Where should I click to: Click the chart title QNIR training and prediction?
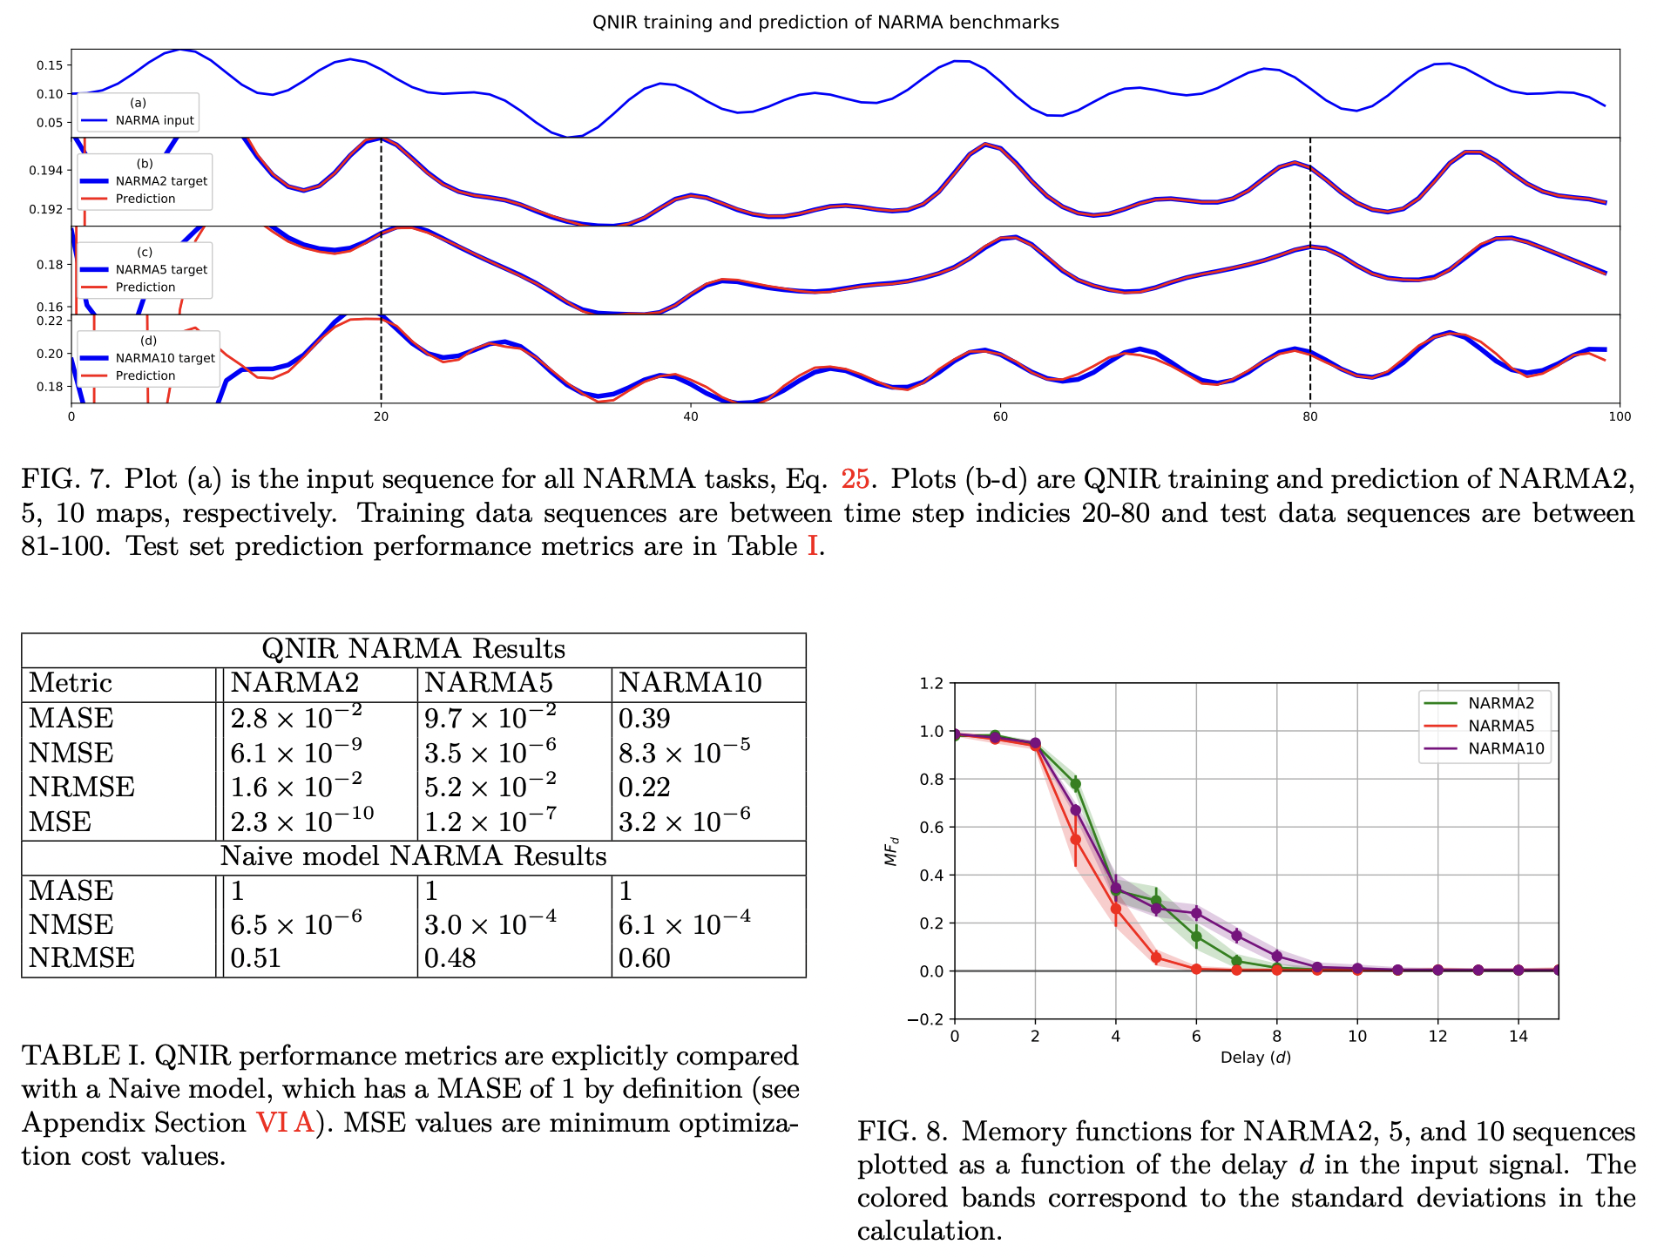pos(825,23)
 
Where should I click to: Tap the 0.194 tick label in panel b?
pos(48,170)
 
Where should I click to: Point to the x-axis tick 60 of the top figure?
pos(1000,416)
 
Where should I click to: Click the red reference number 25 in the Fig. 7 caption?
pos(855,479)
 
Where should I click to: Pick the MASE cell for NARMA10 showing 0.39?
pos(644,719)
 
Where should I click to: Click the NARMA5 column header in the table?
pos(488,683)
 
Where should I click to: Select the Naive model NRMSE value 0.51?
pos(255,958)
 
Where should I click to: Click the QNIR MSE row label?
pos(60,822)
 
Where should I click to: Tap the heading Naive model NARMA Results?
pos(413,856)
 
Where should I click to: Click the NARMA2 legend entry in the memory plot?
pos(1500,703)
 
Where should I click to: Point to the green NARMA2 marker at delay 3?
pos(1076,784)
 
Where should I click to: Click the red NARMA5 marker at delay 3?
pos(1075,840)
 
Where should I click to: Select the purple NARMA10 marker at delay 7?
pos(1236,936)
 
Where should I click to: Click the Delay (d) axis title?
pos(1255,1058)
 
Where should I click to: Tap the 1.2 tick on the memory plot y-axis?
pos(930,683)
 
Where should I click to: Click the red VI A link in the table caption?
pos(285,1123)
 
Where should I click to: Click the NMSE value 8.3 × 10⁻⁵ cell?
pos(684,752)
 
